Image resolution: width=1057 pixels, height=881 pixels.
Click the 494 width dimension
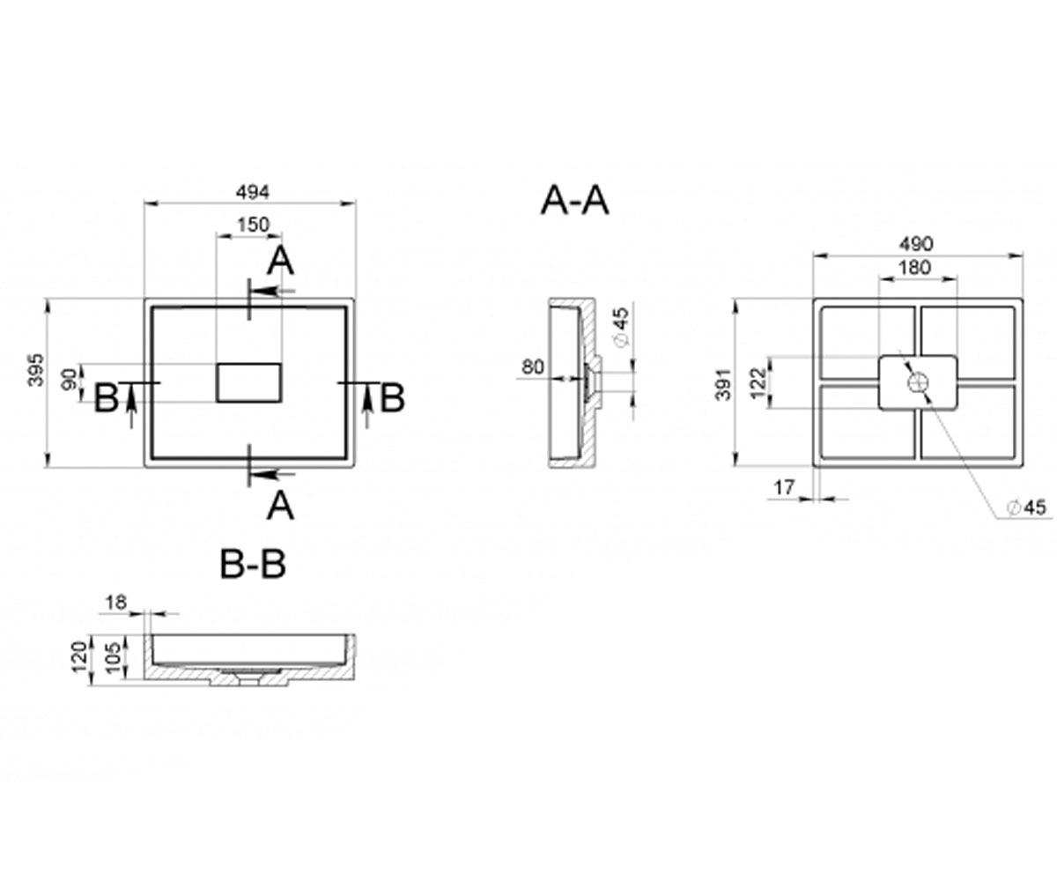pos(253,192)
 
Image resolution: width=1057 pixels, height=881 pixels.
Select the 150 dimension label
pos(253,225)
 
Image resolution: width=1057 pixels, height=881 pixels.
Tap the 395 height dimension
pos(36,371)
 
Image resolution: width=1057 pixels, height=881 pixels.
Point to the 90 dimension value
pos(70,380)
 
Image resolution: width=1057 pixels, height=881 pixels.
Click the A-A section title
pos(574,201)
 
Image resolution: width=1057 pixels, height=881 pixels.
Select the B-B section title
pos(253,564)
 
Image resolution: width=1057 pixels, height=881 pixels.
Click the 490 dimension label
pos(916,244)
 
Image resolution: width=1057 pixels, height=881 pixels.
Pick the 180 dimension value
pos(915,267)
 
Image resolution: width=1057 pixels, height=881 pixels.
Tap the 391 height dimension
pos(723,383)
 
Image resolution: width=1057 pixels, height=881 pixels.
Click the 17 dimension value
pos(784,487)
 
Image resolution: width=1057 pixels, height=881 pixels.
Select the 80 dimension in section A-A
pos(533,366)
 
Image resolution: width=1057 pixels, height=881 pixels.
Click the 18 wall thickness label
pos(116,602)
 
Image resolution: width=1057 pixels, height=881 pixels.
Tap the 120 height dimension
pos(80,656)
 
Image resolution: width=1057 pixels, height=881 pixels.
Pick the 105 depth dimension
pos(115,656)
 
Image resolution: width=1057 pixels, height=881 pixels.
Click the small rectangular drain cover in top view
pos(248,382)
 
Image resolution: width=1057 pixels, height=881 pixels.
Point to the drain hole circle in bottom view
pos(917,382)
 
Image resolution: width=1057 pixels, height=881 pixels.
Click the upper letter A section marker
pos(280,262)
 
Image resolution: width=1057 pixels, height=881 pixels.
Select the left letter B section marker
pos(107,397)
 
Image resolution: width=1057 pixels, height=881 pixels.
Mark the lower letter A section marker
pos(280,506)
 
